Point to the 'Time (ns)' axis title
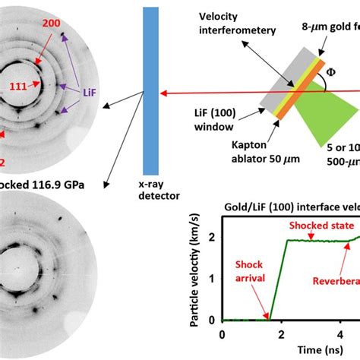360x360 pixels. click(292, 350)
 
